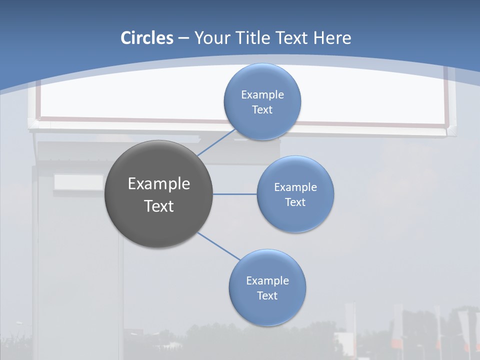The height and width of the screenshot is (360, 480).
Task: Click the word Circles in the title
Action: (x=147, y=38)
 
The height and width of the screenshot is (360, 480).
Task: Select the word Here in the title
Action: (x=332, y=38)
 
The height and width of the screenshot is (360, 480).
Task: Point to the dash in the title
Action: (x=183, y=38)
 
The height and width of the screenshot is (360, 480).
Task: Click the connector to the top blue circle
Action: (x=216, y=142)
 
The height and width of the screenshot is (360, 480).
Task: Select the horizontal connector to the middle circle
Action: (x=235, y=194)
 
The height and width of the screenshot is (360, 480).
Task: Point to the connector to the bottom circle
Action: (x=219, y=246)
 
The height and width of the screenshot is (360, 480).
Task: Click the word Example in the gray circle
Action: (x=159, y=184)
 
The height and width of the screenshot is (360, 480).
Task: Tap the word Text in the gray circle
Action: (x=159, y=206)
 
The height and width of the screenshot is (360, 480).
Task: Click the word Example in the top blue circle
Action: (x=262, y=94)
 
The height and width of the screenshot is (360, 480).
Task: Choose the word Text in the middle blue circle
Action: (x=295, y=202)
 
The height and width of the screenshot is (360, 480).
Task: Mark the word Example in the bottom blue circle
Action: (x=267, y=280)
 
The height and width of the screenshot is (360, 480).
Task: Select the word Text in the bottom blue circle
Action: (x=267, y=295)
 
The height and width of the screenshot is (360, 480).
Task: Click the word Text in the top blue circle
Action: (x=262, y=109)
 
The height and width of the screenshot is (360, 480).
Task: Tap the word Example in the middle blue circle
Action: (x=295, y=187)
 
